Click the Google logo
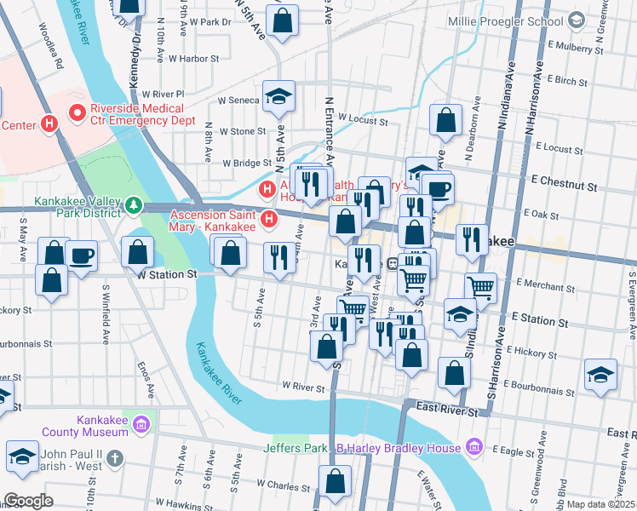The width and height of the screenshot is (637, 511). pos(28,501)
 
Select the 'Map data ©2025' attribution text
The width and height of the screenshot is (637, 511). pos(600,504)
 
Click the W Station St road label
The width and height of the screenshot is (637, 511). pos(166,275)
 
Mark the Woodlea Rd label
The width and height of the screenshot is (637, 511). pos(49,50)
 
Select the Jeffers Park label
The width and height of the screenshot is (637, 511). pos(296,448)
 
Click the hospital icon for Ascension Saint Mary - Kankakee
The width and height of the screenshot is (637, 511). pos(270,221)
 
